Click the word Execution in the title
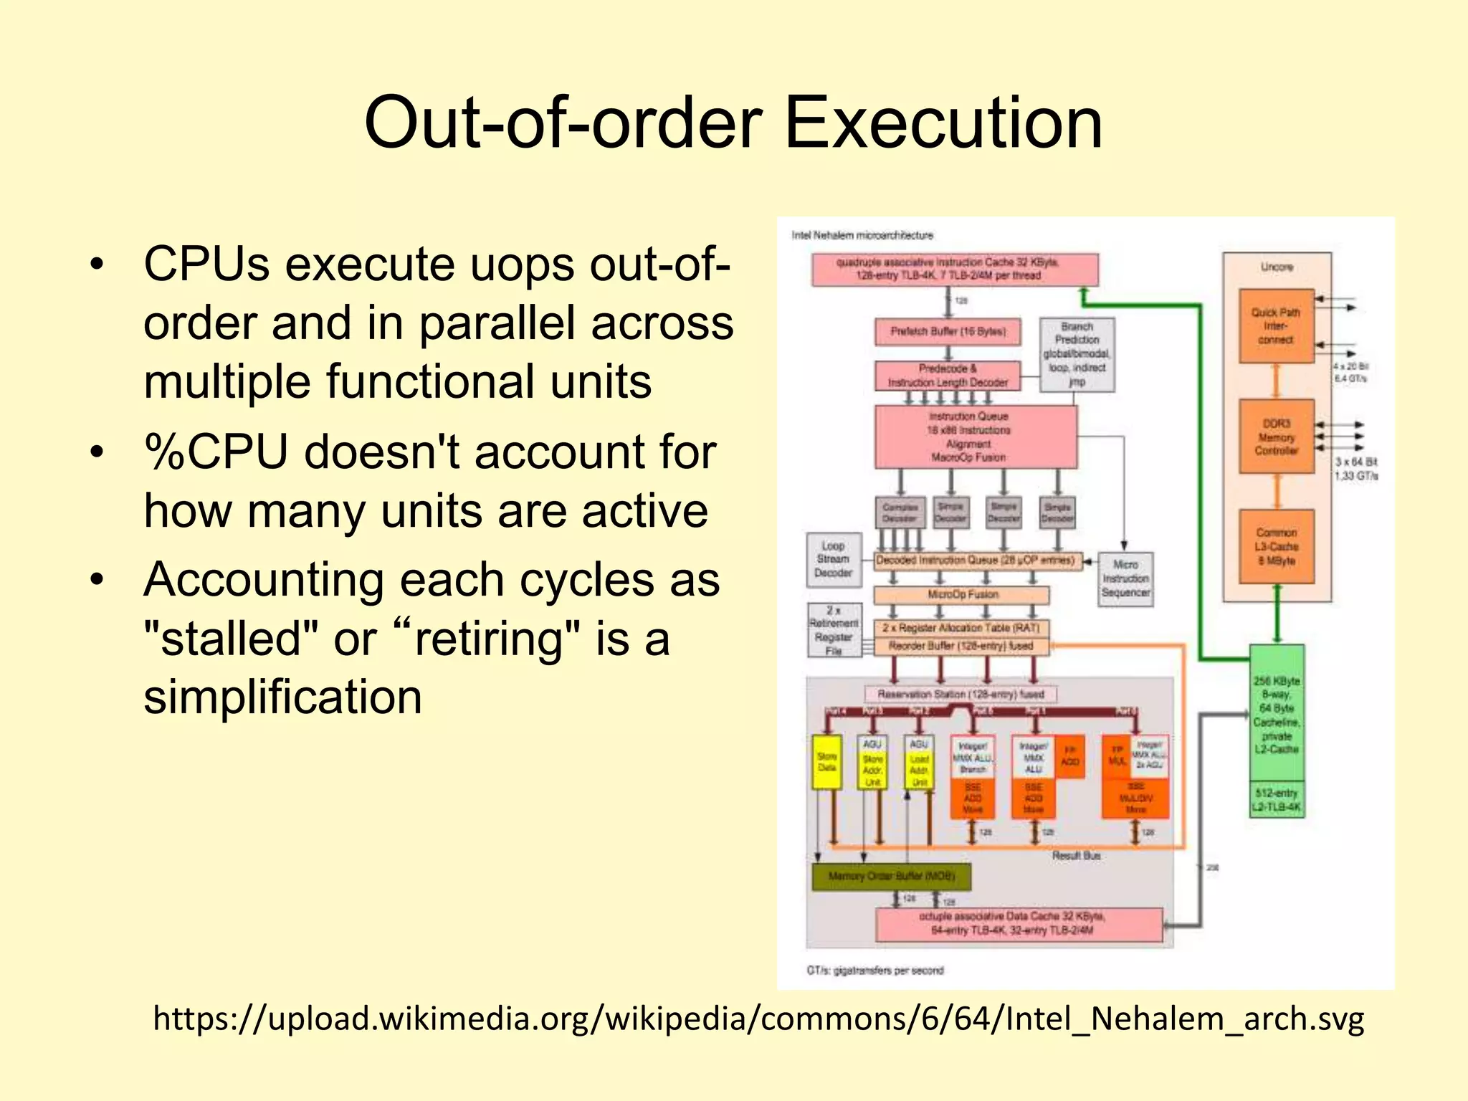point(943,123)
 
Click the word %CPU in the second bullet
point(215,453)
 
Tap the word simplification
point(282,697)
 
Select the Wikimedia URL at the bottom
point(758,1019)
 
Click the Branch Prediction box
point(1077,354)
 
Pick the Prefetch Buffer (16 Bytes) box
point(948,331)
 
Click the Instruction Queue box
point(975,437)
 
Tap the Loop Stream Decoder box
point(833,559)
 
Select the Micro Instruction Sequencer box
point(1125,578)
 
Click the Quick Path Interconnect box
point(1276,326)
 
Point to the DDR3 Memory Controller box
point(1276,437)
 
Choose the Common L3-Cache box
point(1276,546)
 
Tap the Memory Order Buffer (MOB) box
point(892,876)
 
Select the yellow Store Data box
point(826,762)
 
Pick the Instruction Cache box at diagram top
point(954,270)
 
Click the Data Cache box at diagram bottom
point(1018,924)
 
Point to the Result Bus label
point(1076,855)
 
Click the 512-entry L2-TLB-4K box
point(1276,800)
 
